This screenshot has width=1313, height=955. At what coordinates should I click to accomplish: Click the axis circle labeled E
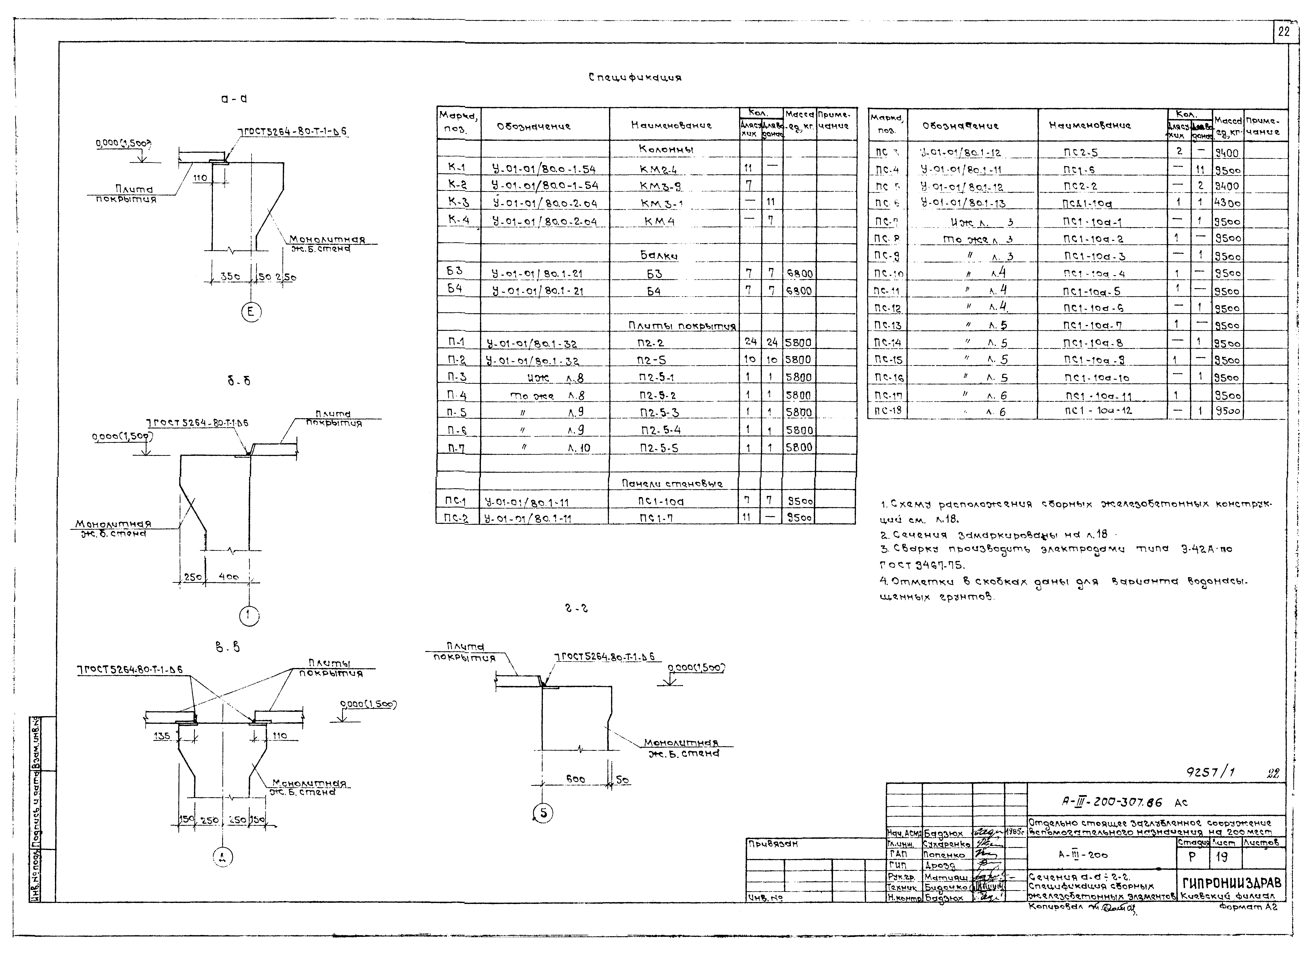251,313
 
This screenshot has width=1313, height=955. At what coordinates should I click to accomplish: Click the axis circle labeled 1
249,615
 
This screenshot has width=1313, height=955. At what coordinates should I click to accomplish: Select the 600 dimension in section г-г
575,779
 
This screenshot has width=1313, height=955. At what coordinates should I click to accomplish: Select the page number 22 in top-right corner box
1283,32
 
